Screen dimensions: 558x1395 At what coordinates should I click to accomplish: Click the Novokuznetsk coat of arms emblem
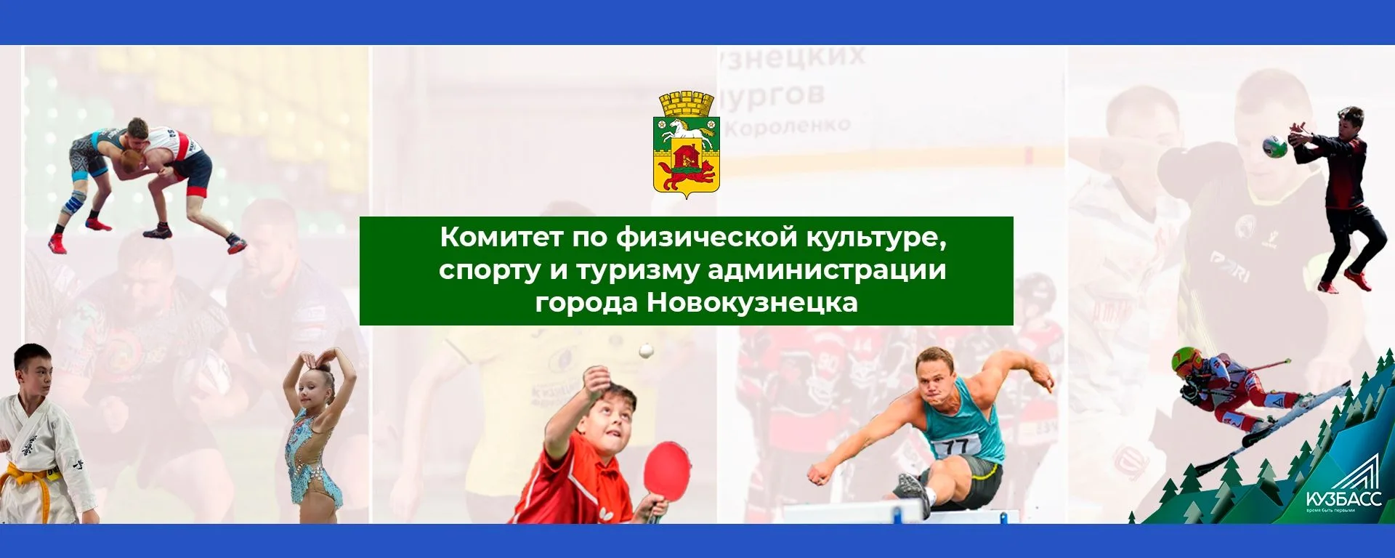point(687,145)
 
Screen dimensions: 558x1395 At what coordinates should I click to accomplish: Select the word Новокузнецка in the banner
point(752,302)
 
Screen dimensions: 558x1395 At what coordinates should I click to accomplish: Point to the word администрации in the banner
point(827,270)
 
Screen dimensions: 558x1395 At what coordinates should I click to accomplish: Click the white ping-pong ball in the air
point(645,352)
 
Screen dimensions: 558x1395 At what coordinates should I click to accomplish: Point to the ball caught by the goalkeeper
point(1274,146)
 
